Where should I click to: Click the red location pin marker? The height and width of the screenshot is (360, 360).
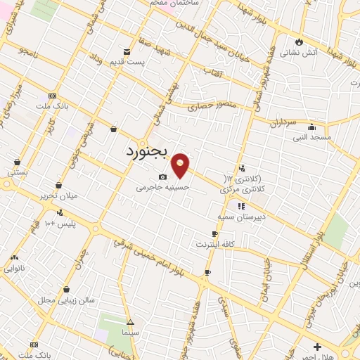point(181,165)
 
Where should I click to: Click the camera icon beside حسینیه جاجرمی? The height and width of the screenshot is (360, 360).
point(162,176)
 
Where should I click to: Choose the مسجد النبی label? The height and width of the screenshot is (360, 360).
point(312,138)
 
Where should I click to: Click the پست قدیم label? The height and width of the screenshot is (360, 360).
point(127,63)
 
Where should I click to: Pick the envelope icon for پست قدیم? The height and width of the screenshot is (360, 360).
point(127,51)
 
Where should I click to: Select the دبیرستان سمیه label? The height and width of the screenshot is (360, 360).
point(242,217)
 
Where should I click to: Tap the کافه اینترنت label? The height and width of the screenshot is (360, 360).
point(214,244)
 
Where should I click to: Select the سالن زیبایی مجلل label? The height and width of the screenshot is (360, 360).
point(66,300)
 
